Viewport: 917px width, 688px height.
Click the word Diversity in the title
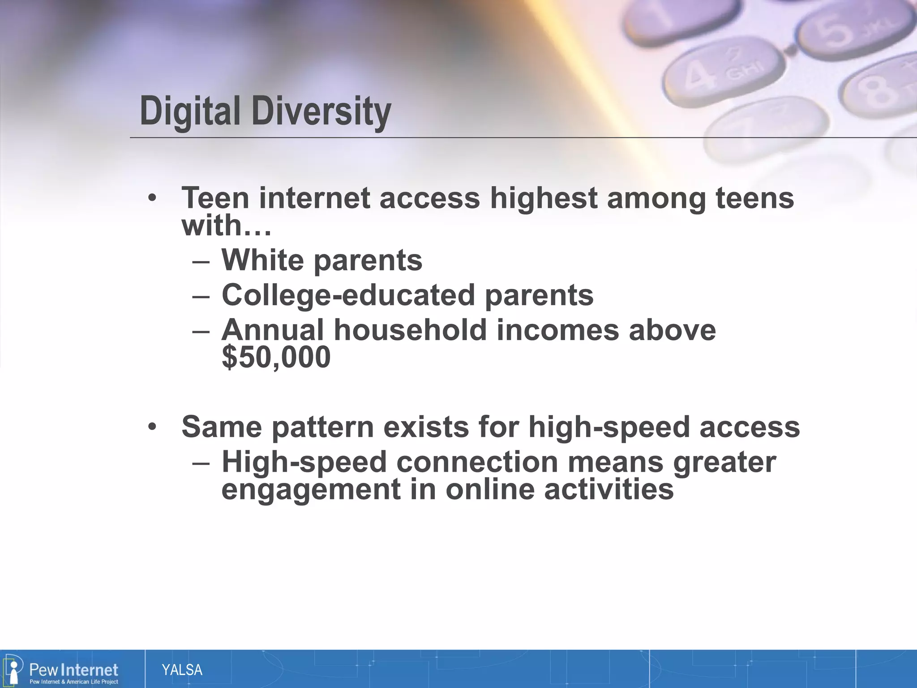coord(321,111)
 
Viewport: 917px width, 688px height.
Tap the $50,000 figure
coord(276,357)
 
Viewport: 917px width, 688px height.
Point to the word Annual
coord(272,330)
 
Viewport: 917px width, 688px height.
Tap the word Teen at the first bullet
coord(215,198)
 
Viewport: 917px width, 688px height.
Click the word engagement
coord(311,489)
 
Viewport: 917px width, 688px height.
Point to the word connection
coord(477,462)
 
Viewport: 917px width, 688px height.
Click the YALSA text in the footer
coord(182,670)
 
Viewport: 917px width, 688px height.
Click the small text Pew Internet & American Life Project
coord(73,682)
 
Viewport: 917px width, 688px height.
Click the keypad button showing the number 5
coord(842,34)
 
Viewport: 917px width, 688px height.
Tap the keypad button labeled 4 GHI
coord(725,72)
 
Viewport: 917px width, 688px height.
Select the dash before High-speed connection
coord(201,463)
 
